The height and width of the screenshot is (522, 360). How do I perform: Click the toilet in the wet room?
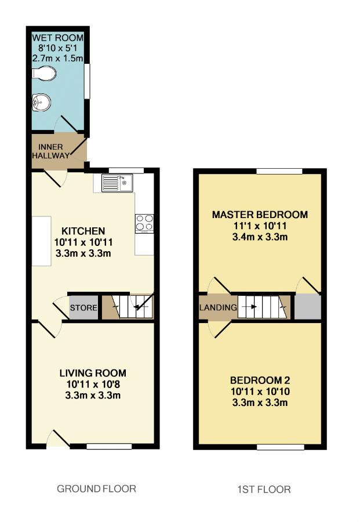pos(43,74)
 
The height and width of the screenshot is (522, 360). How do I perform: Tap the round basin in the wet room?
pos(41,102)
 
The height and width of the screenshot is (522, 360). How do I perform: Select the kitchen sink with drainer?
pos(117,183)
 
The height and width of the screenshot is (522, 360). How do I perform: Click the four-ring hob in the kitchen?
pos(144,223)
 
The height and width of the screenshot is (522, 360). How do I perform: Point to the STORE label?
pos(83,307)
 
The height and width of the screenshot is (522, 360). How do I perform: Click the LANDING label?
pos(218,307)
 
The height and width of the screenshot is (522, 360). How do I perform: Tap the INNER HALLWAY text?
pos(51,151)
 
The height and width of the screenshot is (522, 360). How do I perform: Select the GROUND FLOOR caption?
pos(96,489)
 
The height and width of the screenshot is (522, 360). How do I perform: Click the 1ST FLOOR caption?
pos(264,490)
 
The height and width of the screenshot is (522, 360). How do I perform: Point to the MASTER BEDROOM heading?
pos(260,215)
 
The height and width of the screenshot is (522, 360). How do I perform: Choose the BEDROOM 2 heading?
pos(260,380)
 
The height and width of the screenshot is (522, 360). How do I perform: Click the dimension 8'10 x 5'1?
pos(57,48)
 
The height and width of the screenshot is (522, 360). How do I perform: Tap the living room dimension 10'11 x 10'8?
pos(93,384)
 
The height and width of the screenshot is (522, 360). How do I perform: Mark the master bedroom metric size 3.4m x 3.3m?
pos(260,237)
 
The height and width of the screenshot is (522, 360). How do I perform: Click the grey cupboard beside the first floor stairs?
pos(308,307)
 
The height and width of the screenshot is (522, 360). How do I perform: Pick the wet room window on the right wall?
pos(87,81)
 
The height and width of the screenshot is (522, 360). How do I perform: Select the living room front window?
pos(109,447)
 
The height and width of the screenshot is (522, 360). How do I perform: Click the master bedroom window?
pos(279,171)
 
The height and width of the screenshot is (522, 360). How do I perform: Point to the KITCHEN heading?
pos(83,231)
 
